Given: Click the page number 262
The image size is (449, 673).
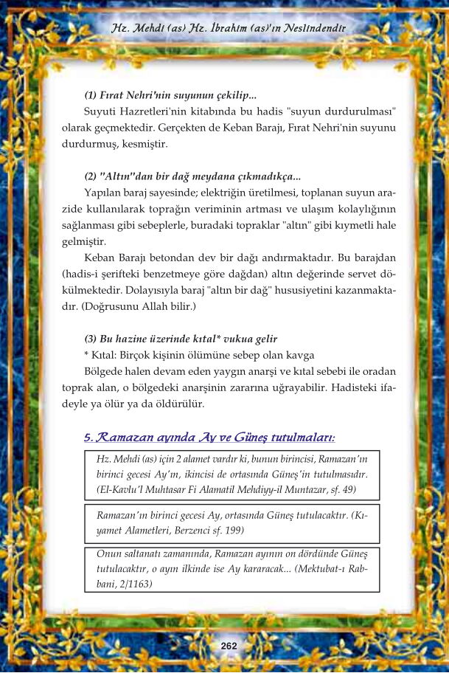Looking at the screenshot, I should (229, 646).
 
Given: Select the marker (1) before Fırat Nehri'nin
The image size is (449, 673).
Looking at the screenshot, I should (92, 96).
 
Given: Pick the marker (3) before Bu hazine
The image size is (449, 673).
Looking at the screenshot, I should (92, 339).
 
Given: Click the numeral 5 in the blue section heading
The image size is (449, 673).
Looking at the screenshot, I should (88, 438).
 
